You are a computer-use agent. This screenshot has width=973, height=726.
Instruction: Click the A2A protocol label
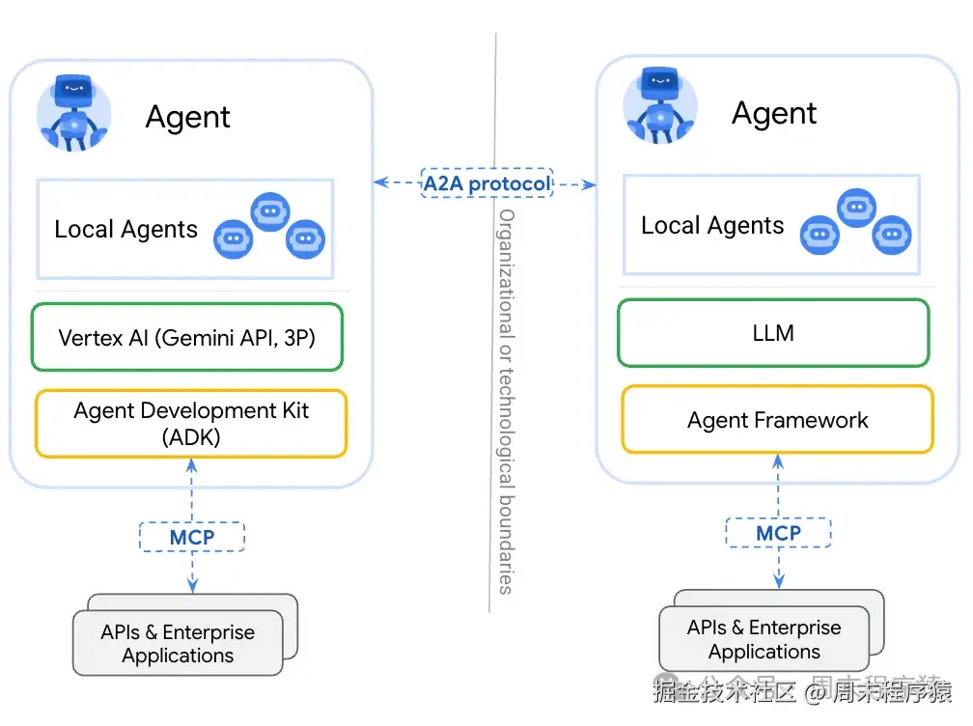[486, 182]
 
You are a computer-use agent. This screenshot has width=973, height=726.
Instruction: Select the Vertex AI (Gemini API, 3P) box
[187, 338]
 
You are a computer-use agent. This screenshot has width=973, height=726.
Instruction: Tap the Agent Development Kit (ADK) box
[190, 423]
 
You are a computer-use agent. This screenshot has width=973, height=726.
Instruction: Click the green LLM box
[773, 333]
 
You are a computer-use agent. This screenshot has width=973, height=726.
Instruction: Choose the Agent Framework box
[777, 420]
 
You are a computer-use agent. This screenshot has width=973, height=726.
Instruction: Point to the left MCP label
[192, 537]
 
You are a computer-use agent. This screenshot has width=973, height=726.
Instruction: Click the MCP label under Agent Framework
[778, 533]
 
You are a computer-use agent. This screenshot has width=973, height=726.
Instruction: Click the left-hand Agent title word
[187, 118]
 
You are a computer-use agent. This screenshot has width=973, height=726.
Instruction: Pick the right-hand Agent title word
[773, 114]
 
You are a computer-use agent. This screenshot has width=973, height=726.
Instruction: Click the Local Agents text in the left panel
[125, 230]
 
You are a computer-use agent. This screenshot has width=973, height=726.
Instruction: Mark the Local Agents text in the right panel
[712, 226]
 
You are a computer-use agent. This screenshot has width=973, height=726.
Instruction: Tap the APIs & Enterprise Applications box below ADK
[179, 644]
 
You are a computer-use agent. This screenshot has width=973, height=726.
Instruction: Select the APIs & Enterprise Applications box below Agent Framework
[764, 639]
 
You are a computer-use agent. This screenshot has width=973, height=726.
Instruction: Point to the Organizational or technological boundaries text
[506, 401]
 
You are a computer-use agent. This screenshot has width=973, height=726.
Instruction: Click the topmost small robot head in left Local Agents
[269, 211]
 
